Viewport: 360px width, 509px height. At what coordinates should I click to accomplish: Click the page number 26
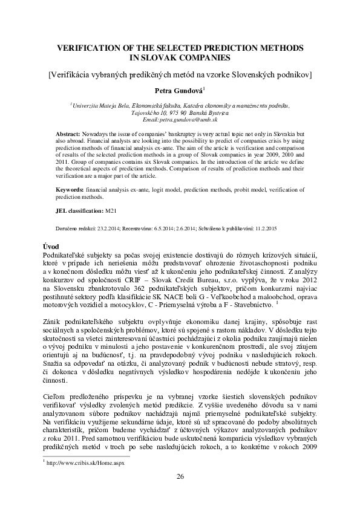[x=180, y=477]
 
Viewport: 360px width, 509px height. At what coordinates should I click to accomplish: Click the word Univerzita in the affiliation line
[x=88, y=105]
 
